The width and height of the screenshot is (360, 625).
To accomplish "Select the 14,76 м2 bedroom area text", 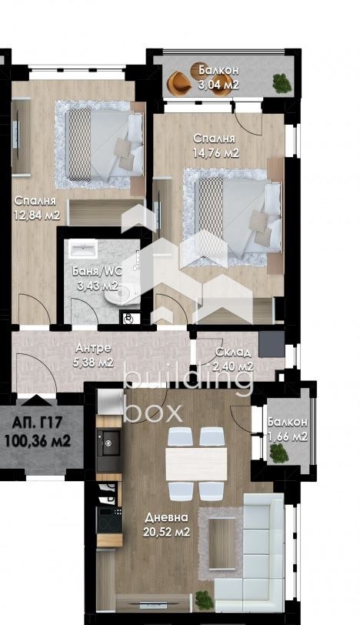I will tap(215, 152).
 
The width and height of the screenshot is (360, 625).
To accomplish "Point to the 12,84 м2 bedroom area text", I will tap(35, 215).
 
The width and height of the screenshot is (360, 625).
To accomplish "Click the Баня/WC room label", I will tap(94, 272).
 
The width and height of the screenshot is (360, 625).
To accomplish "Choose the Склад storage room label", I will tap(232, 353).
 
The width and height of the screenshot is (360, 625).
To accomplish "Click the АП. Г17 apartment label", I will tap(36, 423).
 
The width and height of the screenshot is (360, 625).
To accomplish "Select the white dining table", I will tap(196, 463).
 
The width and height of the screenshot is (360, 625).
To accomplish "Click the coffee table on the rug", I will tap(225, 533).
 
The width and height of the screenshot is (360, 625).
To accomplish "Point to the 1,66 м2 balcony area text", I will tap(288, 437).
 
